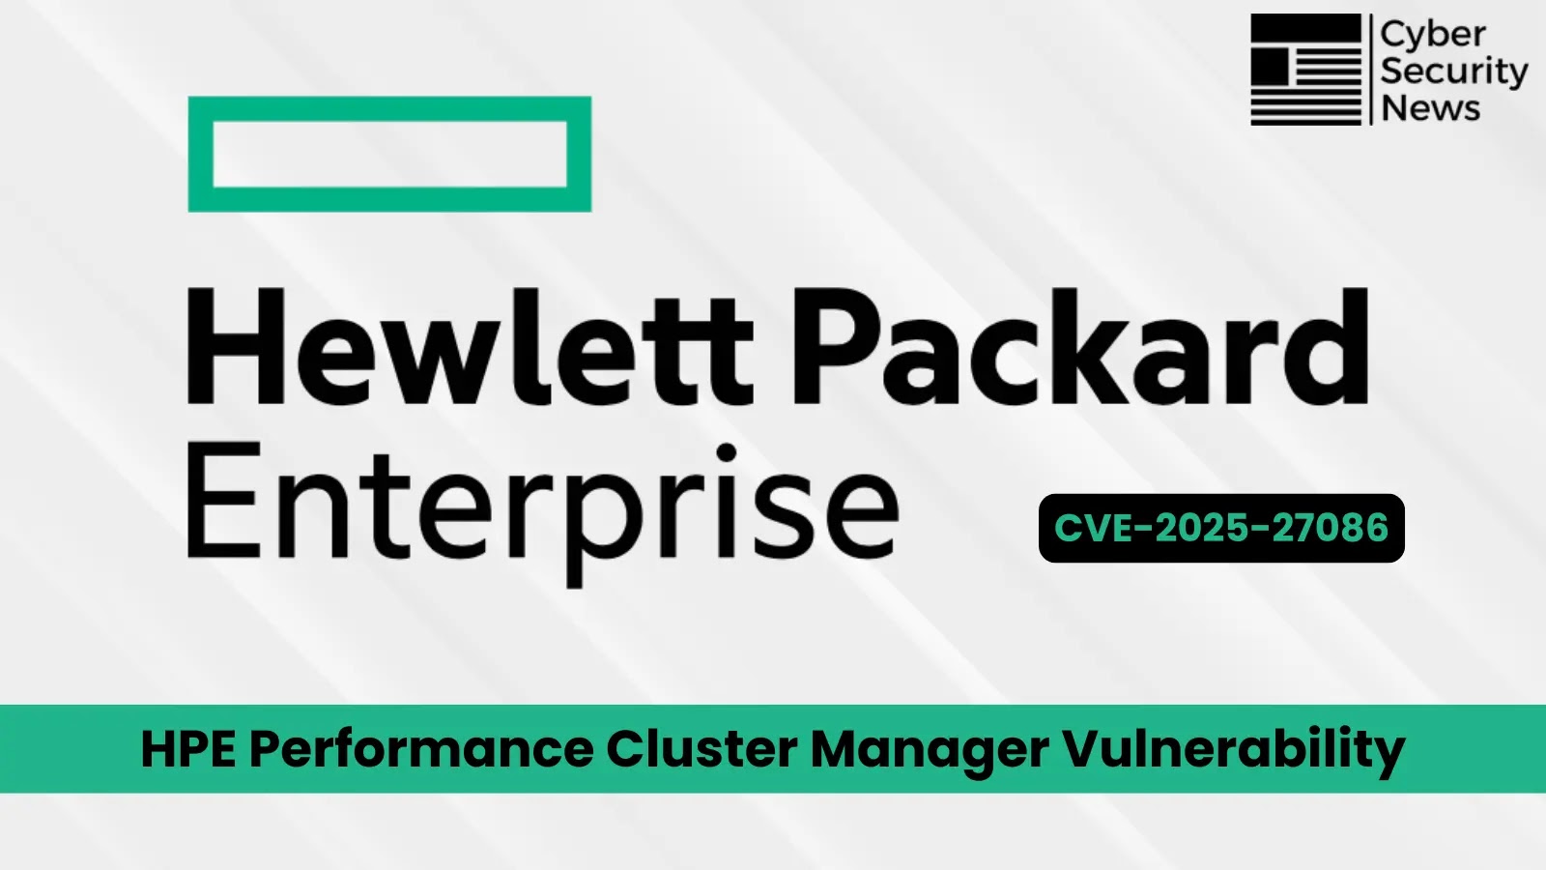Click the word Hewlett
470,345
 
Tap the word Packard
1080,345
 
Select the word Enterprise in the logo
542,511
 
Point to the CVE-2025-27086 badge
1221,528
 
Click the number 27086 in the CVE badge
1330,528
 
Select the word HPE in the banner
188,749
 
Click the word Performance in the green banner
421,749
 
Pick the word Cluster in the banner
701,749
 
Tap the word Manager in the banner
930,753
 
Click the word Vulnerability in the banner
1234,751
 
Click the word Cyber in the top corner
1433,36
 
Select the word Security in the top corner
1454,72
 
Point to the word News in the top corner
1431,108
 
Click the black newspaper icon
1305,70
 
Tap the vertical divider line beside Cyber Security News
1371,70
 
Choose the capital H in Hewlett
236,345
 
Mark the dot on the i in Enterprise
727,453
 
